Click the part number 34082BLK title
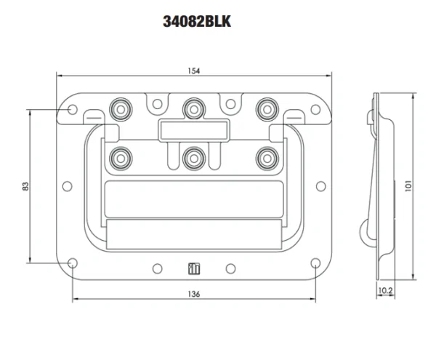(197, 22)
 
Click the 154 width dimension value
(193, 70)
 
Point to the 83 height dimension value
(25, 186)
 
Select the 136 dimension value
(193, 294)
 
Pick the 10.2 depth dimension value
(386, 289)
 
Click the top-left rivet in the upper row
(119, 108)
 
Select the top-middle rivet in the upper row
(193, 108)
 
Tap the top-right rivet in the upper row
(266, 108)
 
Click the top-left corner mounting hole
(73, 109)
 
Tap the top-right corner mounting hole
(315, 109)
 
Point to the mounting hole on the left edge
(67, 186)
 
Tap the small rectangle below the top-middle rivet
(193, 130)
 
